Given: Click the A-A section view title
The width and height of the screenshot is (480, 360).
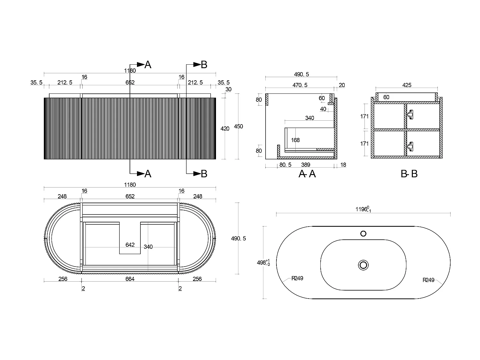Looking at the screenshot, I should [307, 174].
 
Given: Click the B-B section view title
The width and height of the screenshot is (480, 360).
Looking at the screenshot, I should [409, 174].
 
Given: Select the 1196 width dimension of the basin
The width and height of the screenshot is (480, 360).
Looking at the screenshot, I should [363, 209].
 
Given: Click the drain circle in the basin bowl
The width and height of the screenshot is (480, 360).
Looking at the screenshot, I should [363, 265].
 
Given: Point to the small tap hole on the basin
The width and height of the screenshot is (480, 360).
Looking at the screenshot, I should [363, 234].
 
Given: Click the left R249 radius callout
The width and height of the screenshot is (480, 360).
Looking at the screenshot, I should [297, 278].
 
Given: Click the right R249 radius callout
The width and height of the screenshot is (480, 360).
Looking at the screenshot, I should [429, 280].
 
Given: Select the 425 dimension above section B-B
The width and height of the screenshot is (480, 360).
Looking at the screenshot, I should [407, 85].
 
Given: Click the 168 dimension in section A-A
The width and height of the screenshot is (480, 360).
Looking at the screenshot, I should [295, 140].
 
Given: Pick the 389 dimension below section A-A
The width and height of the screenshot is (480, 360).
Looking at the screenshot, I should [306, 165].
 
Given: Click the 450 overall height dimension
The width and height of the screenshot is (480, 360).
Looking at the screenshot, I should [238, 126].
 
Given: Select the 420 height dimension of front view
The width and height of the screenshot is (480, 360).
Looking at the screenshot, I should [225, 129].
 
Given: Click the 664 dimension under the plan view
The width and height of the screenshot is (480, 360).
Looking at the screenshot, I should [130, 279].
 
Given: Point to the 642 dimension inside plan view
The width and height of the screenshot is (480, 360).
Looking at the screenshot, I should [130, 245].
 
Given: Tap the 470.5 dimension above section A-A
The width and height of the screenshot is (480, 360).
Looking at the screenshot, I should [300, 85].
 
